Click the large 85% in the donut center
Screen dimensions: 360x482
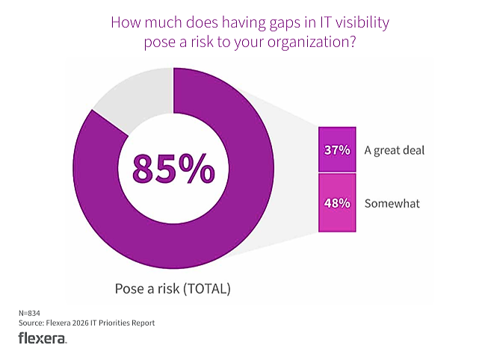pos(173,168)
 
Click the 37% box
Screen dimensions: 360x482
pos(337,149)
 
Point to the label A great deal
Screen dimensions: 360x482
pos(394,149)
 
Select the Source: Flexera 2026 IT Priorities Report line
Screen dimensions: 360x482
pos(86,323)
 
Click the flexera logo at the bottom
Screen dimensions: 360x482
pos(42,339)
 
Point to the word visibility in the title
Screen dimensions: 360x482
pos(362,22)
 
